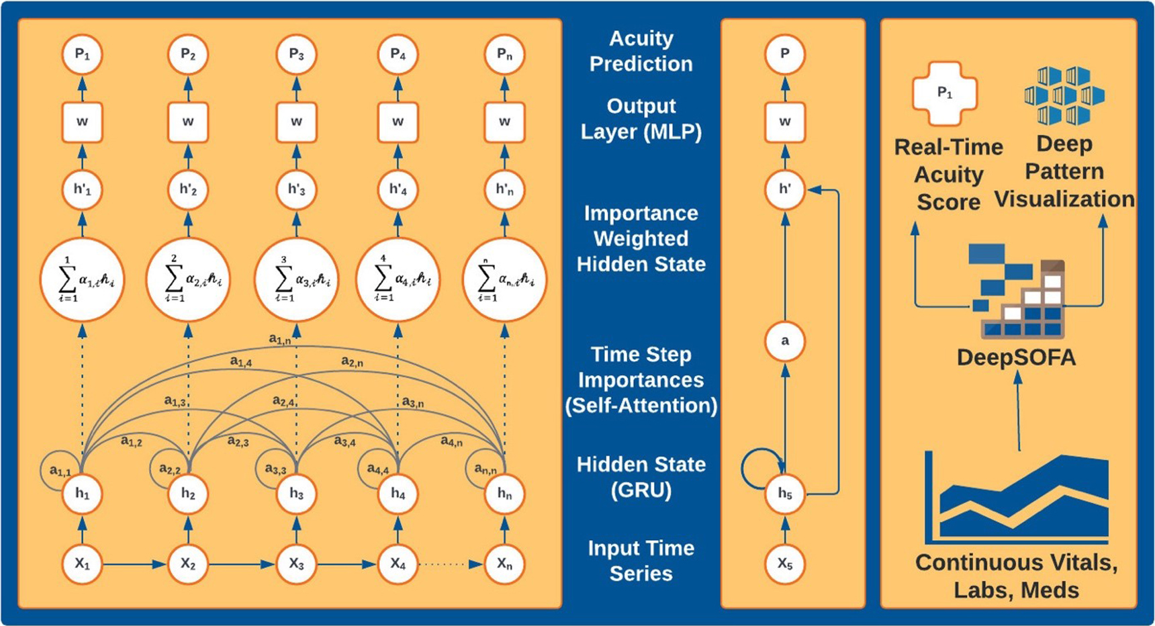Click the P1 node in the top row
tap(82, 54)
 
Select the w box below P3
tap(296, 122)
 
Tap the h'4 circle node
tap(398, 189)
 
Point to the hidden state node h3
tap(296, 494)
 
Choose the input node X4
tap(398, 564)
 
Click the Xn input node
tap(504, 564)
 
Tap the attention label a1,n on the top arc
tap(280, 339)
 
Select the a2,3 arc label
tap(238, 441)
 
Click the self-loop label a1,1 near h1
tap(60, 471)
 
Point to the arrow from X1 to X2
tap(134, 564)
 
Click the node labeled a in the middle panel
tap(784, 341)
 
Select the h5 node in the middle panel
tap(784, 494)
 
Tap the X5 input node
tap(784, 564)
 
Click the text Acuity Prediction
tap(641, 51)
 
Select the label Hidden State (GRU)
tap(641, 477)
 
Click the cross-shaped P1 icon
tap(944, 93)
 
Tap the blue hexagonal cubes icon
tap(1064, 95)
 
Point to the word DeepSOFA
tap(1016, 357)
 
